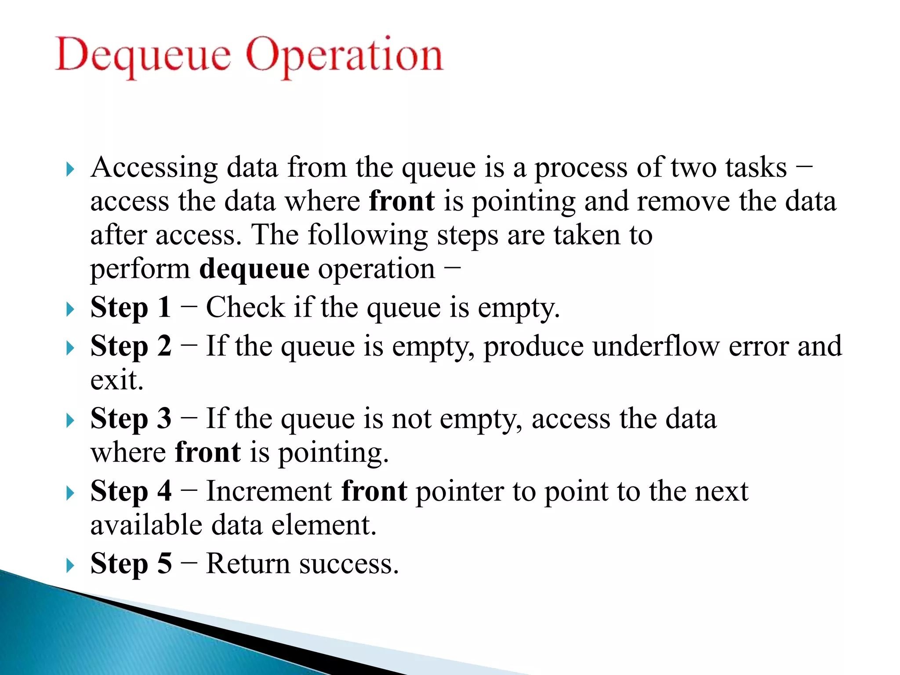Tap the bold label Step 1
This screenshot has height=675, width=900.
pyautogui.click(x=131, y=307)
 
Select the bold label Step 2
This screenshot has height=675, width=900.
pyautogui.click(x=131, y=346)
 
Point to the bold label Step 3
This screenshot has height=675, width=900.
pyautogui.click(x=131, y=418)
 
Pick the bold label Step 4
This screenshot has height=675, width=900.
pyautogui.click(x=131, y=491)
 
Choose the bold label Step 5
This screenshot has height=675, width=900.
pyautogui.click(x=131, y=563)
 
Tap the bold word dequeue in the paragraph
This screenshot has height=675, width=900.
pyautogui.click(x=254, y=269)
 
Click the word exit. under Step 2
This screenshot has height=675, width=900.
pyautogui.click(x=117, y=380)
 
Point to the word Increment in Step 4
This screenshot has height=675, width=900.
pyautogui.click(x=269, y=491)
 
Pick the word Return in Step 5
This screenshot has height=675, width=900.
pyautogui.click(x=248, y=563)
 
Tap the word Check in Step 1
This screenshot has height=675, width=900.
pyautogui.click(x=245, y=307)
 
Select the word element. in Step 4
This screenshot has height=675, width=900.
pyautogui.click(x=323, y=525)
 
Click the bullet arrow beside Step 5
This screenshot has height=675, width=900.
pyautogui.click(x=70, y=565)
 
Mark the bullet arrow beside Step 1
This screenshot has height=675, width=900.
pyautogui.click(x=70, y=309)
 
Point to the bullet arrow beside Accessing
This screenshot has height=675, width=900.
pyautogui.click(x=70, y=169)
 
